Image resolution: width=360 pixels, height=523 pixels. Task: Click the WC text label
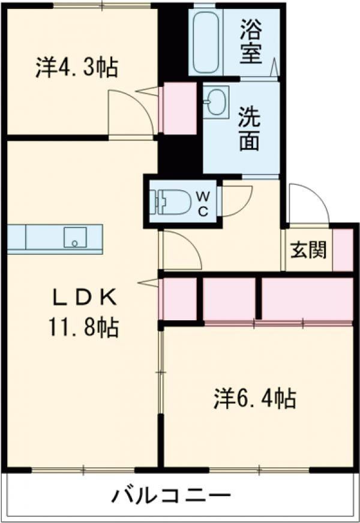[203, 203]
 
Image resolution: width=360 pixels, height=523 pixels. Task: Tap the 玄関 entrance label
[308, 250]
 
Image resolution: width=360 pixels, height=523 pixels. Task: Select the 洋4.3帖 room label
[76, 67]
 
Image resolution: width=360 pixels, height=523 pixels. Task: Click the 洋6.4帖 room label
[254, 398]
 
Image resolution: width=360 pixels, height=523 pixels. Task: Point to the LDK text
[84, 296]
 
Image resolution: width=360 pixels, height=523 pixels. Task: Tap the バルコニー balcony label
[172, 497]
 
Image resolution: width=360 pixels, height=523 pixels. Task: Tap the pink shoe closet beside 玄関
[343, 250]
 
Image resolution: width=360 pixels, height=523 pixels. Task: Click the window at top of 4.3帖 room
[102, 6]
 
